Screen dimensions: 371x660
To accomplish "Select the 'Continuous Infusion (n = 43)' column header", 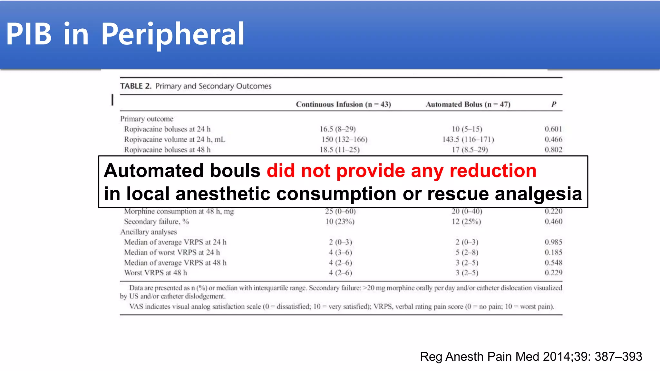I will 343,104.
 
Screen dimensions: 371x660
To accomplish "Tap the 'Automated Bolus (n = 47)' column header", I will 468,104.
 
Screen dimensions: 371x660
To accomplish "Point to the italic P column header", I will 554,104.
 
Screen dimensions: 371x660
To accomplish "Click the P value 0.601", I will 553,129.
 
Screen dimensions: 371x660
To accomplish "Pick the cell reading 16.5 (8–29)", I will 337,129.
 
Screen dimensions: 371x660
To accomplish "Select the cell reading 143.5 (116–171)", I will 468,139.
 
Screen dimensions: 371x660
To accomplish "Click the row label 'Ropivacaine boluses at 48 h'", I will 167,150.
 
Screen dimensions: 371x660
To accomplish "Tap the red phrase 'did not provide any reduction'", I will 402,170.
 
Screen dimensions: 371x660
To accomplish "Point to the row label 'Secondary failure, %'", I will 157,222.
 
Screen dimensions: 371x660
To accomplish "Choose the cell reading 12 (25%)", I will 466,222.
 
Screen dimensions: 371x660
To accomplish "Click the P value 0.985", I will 553,242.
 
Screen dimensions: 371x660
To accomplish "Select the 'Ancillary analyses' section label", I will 149,232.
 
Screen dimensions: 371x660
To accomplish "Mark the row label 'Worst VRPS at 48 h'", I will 156,273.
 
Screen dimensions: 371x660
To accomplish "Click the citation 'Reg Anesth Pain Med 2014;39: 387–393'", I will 531,357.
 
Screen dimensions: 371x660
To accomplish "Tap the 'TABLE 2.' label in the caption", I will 136,86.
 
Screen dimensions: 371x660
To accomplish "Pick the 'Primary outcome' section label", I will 147,119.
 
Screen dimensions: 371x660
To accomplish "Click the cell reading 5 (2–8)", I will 467,252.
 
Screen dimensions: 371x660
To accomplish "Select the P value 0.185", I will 553,252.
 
